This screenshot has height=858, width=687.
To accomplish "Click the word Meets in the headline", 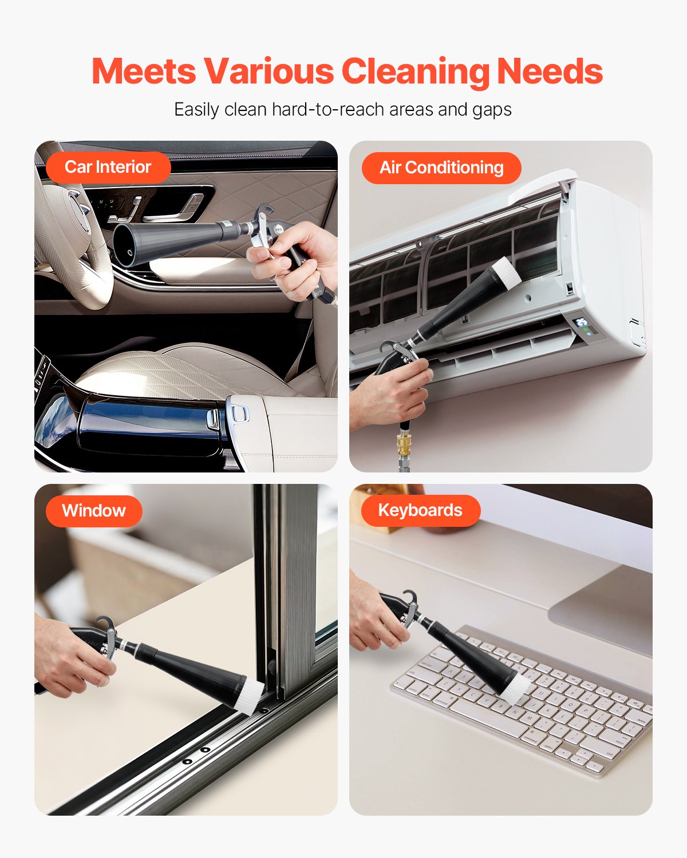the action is click(144, 71).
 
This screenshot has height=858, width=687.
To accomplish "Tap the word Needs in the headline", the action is click(550, 71).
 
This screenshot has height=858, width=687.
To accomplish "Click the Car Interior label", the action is click(108, 167).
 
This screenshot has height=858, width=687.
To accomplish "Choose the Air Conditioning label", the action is click(441, 168).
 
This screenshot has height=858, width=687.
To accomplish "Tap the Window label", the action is click(94, 511).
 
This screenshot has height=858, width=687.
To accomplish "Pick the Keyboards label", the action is click(420, 510).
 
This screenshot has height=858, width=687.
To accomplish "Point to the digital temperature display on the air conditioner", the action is click(582, 321).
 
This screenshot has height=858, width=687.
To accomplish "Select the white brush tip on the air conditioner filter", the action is click(506, 273).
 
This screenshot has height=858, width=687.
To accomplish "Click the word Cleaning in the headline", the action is click(416, 71).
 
